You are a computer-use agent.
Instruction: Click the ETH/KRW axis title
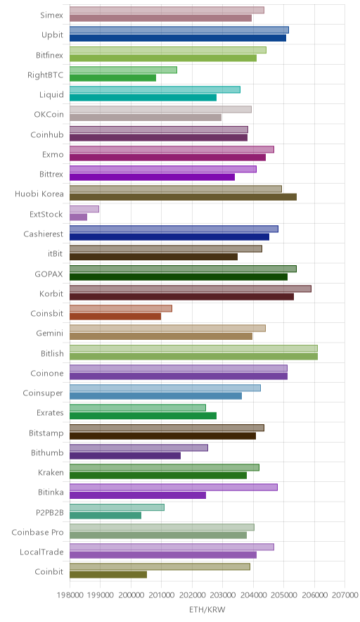tap(207, 610)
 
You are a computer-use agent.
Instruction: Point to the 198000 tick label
tap(70, 595)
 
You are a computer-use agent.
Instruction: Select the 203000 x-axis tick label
tap(222, 595)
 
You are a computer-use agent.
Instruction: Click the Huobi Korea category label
tap(39, 194)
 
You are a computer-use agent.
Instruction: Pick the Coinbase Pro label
tap(37, 533)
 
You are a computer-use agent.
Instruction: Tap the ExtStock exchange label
tap(46, 214)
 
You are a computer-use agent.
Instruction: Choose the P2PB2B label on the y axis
tap(49, 512)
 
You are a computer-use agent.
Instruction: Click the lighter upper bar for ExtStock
tap(84, 209)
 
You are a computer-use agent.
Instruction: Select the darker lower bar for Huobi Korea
tap(184, 197)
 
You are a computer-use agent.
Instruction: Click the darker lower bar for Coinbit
tap(108, 575)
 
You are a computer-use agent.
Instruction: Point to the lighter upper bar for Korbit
tap(191, 288)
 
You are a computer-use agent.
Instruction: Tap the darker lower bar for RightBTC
tap(112, 77)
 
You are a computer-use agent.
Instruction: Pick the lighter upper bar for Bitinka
tap(174, 487)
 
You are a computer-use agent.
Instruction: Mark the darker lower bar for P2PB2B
tap(105, 515)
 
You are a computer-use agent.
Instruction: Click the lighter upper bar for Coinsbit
tap(121, 308)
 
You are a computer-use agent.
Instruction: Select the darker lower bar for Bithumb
tap(125, 456)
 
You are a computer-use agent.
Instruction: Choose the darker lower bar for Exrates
tap(143, 416)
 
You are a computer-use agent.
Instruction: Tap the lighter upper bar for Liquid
tap(155, 89)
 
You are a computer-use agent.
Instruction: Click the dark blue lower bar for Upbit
tap(178, 38)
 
